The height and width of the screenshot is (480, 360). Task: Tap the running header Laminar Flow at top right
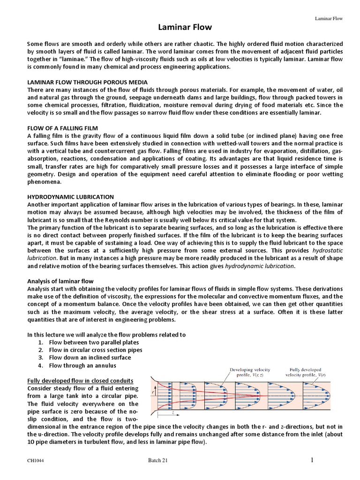328,19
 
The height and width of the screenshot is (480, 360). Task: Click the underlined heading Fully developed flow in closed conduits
80,380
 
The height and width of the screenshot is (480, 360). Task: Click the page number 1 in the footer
311,460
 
